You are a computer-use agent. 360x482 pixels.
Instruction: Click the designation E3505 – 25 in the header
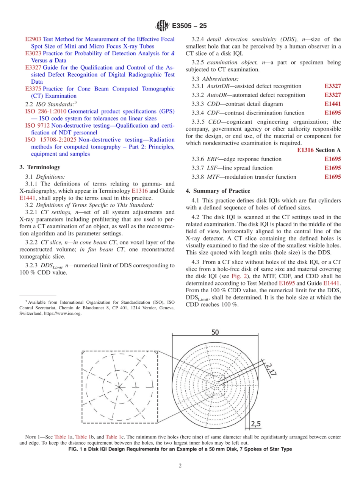pos(189,26)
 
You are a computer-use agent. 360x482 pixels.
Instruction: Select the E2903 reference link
pos(33,39)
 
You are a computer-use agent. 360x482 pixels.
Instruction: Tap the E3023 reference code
pos(33,53)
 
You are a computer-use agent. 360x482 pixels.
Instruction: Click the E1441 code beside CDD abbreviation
pos(332,104)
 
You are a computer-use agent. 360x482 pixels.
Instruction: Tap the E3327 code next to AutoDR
pos(332,95)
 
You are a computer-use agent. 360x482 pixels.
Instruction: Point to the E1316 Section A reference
pos(319,150)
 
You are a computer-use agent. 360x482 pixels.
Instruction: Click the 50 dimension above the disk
pos(215,332)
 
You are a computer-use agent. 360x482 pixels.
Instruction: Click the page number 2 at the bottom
pos(180,466)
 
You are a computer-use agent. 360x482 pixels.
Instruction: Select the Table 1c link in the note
pos(113,437)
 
